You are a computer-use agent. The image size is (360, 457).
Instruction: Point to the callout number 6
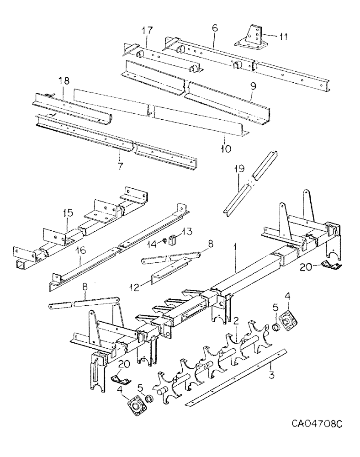214,28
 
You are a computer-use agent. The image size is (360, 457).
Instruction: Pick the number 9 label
253,85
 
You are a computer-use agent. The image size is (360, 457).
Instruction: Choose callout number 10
226,148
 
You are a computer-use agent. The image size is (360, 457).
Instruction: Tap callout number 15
68,213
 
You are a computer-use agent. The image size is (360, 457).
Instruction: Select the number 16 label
80,261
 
